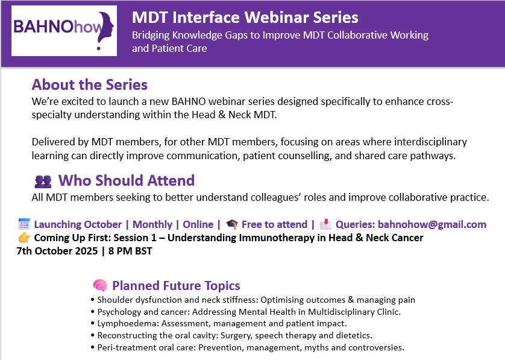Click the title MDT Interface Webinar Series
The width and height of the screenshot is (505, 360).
(x=245, y=17)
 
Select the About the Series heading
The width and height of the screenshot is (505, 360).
(x=89, y=84)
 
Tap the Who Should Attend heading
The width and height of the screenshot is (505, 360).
(x=126, y=180)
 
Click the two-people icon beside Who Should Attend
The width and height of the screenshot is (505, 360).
(x=43, y=181)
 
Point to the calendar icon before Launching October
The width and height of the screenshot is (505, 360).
(x=24, y=224)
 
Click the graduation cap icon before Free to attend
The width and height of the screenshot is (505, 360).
(x=231, y=224)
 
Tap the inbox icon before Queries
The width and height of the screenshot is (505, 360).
(x=325, y=224)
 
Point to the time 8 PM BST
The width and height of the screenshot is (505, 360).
(x=130, y=251)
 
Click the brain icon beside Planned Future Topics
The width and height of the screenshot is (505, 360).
(x=100, y=286)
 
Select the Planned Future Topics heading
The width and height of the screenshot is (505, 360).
(x=176, y=286)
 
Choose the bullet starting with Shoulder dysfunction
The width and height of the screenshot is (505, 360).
(x=256, y=300)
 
